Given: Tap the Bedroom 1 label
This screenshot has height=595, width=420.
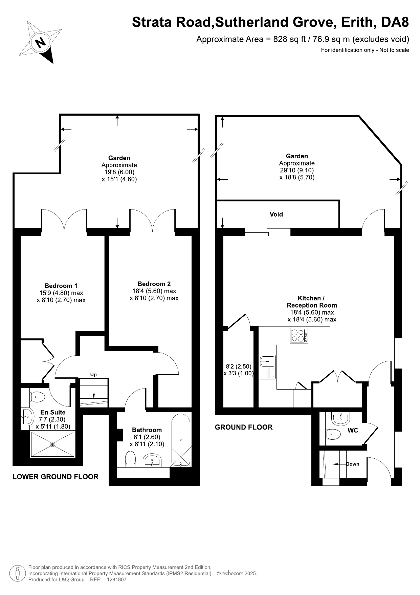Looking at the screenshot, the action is pos(61,286).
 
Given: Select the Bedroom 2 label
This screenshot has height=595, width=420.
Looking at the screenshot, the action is pos(154,284).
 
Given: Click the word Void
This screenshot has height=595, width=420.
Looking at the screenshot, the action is pos(276,214).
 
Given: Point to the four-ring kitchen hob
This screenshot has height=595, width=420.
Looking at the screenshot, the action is pos(299,335).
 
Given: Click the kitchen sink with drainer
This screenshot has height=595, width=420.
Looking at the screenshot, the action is pos(267,367).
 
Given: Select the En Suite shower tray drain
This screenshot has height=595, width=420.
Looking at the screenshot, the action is pos(52,444).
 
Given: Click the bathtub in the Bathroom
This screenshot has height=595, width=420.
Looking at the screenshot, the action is pos(181,440).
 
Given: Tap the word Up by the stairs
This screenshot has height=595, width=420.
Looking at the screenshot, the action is pos(93,375).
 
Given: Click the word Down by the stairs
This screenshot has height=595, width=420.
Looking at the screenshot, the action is pos(353,464).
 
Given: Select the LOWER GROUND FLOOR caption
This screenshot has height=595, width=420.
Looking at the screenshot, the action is pos(56,477).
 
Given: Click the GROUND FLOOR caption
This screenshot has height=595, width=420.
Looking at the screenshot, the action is pos(244,427).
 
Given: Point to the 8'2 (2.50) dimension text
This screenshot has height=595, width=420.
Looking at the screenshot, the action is pos(239,366).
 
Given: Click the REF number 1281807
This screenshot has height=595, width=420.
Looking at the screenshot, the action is pos(116,580).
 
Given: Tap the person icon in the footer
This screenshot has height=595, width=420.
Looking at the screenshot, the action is pos(18,573).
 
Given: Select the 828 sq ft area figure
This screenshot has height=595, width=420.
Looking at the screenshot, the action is pos(289,39).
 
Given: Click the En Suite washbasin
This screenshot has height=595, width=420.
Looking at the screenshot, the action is pos(27,417).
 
